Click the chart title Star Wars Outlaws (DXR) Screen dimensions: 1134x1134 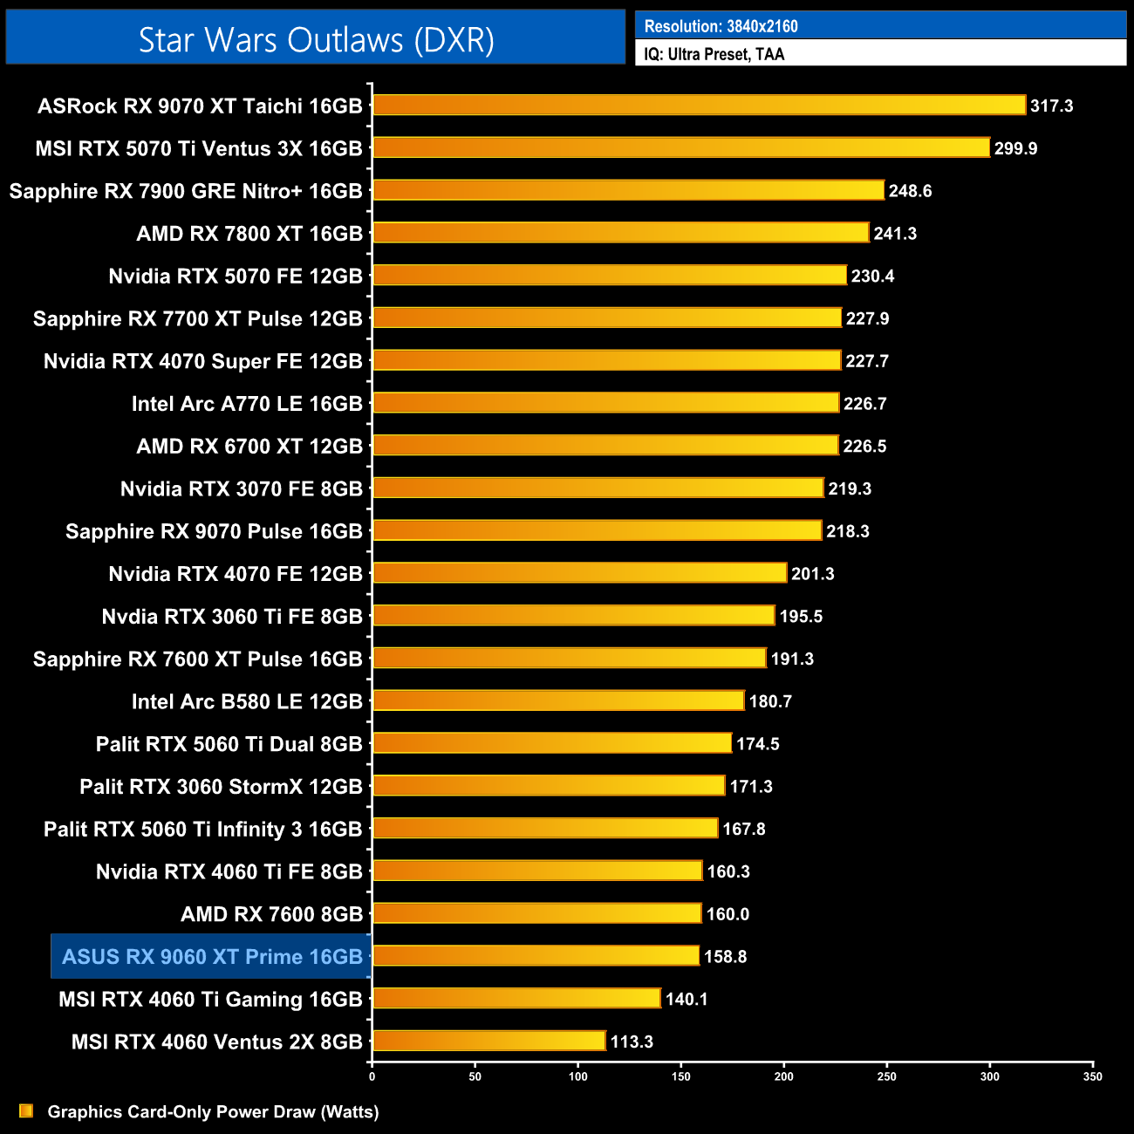coord(316,40)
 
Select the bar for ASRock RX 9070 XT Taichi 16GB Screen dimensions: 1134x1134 coord(699,106)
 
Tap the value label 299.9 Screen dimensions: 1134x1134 coord(1015,148)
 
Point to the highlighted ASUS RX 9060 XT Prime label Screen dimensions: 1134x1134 coord(212,957)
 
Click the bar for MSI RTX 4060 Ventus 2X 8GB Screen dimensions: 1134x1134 coord(488,1042)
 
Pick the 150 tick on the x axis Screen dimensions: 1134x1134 coord(681,1076)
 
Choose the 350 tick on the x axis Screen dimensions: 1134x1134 coord(1093,1076)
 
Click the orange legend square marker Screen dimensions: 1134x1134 coord(26,1111)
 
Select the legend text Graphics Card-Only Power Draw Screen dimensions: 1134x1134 coord(213,1112)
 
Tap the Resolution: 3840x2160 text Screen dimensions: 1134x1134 coord(721,26)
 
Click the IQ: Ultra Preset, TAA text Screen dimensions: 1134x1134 coord(714,54)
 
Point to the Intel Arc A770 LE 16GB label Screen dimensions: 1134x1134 coord(247,404)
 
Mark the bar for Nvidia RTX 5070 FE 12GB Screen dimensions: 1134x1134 coord(610,276)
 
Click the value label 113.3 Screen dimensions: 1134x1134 coord(632,1042)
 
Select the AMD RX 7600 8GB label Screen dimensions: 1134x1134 coord(271,914)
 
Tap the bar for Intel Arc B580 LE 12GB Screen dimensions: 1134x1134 coord(558,701)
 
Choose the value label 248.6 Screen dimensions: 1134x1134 coord(910,191)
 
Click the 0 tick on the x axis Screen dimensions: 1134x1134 coord(372,1076)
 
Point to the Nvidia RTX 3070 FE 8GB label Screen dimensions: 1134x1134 coord(241,488)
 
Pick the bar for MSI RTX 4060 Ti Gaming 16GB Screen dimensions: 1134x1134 coord(516,999)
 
